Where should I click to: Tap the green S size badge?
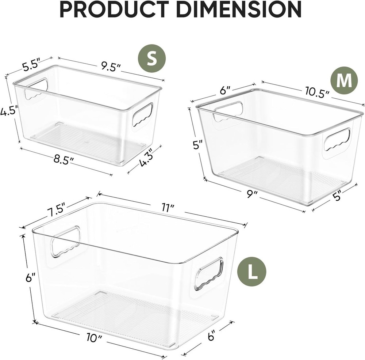(x=151, y=58)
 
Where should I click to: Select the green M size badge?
(x=344, y=81)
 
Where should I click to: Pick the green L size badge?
(x=251, y=271)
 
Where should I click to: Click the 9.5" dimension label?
(x=111, y=66)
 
